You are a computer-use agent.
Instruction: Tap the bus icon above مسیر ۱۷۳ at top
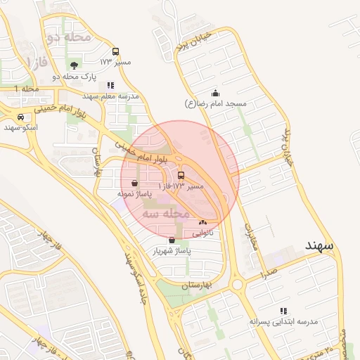click(x=115, y=51)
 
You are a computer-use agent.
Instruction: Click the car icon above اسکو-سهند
click(x=20, y=117)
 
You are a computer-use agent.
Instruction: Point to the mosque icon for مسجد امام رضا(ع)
click(x=215, y=93)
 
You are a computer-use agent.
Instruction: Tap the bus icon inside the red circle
click(x=181, y=175)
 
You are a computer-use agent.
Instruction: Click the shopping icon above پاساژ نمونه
click(x=134, y=182)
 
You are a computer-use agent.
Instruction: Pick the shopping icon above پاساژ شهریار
click(x=172, y=240)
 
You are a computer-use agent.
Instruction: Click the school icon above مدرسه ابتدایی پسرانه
click(x=283, y=310)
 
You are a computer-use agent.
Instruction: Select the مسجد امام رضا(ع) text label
click(x=216, y=103)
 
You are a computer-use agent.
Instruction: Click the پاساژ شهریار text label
click(x=172, y=250)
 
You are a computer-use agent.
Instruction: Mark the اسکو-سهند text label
click(x=20, y=127)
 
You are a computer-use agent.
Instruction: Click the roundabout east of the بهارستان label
click(x=237, y=285)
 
